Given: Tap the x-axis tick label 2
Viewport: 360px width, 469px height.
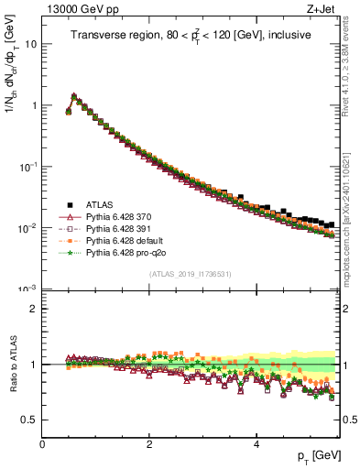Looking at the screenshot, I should tap(148, 442).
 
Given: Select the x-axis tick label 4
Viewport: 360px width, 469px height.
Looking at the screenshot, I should tap(256, 442).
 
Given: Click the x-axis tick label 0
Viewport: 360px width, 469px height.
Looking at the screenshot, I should tap(42, 442).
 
